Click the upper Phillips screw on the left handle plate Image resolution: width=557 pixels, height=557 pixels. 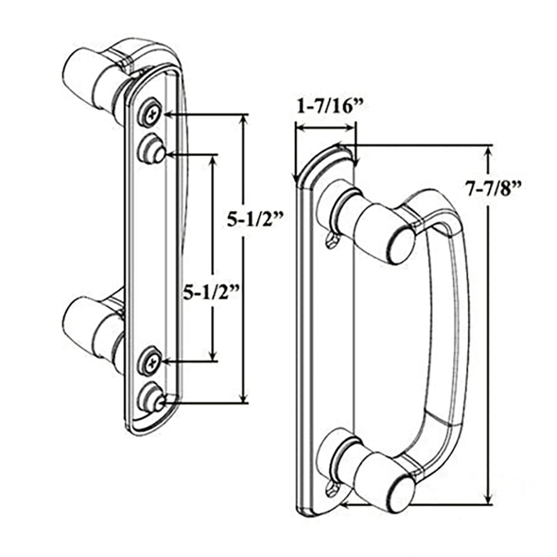point(150,115)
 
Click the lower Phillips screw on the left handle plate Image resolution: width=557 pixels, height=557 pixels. point(150,362)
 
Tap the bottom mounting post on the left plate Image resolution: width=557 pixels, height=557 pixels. point(152,397)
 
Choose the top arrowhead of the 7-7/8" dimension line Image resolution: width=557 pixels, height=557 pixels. point(489,151)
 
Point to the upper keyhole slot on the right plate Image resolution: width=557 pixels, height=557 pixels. point(330,240)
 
